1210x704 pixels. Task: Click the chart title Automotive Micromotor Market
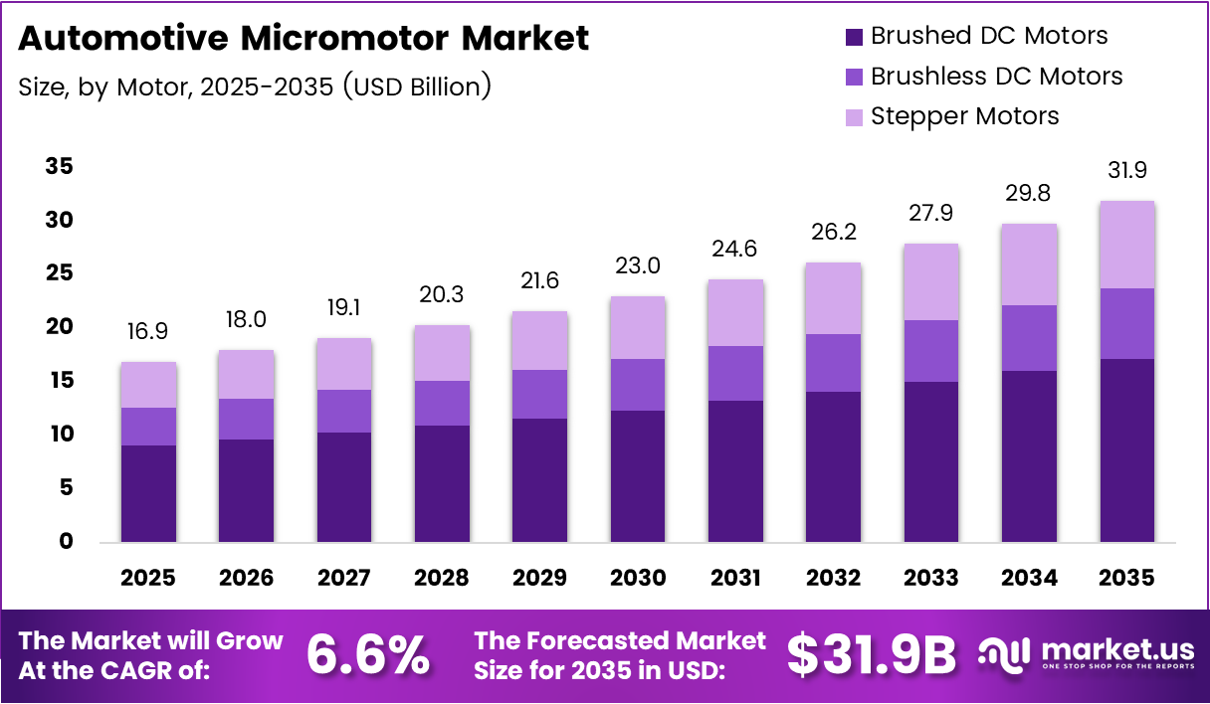303,39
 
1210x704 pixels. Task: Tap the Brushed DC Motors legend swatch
853,37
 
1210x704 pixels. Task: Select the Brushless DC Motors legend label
996,77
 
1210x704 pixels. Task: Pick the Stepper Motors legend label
964,116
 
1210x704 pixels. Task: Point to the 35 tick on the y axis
60,166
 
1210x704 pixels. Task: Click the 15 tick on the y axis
60,381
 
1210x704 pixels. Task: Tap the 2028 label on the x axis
442,578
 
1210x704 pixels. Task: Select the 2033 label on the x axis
931,578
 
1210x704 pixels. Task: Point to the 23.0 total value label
638,266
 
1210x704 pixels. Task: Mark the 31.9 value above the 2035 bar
1126,171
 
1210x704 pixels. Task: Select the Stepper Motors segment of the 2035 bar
1126,245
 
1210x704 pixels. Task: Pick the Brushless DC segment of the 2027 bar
344,411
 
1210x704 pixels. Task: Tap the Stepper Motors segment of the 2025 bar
148,385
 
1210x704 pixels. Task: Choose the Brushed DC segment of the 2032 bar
834,466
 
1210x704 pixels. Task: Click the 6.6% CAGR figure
368,654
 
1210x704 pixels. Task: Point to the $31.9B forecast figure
871,654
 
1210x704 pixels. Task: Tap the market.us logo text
1116,650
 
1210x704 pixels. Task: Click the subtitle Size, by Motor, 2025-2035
255,87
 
